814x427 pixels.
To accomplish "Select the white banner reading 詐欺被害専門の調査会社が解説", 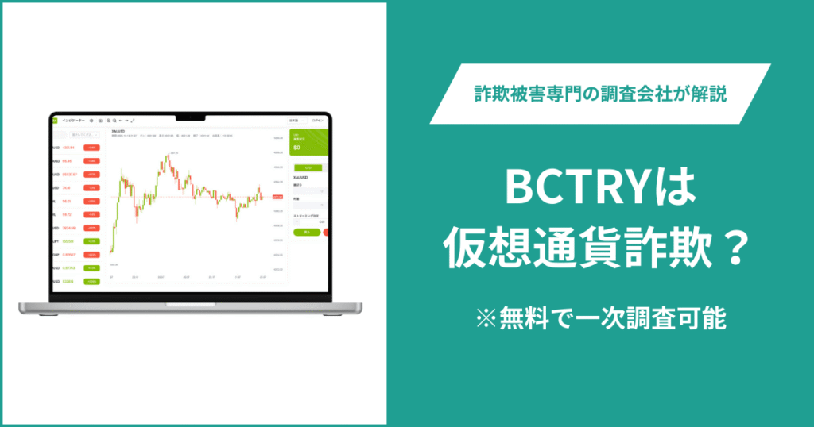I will coord(600,94).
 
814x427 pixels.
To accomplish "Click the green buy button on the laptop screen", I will coord(306,232).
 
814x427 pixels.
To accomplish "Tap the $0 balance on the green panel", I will coord(297,148).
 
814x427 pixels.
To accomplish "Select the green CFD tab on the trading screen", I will coord(308,167).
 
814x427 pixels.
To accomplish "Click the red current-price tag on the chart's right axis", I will coord(277,196).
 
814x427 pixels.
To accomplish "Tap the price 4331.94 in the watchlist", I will coord(69,148).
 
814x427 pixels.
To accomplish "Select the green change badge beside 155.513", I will coord(91,241).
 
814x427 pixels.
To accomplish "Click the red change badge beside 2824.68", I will coord(91,228).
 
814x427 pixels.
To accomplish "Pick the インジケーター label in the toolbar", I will coord(73,120).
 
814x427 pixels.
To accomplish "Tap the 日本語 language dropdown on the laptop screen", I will coord(294,120).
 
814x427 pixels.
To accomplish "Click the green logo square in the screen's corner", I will coord(54,120).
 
